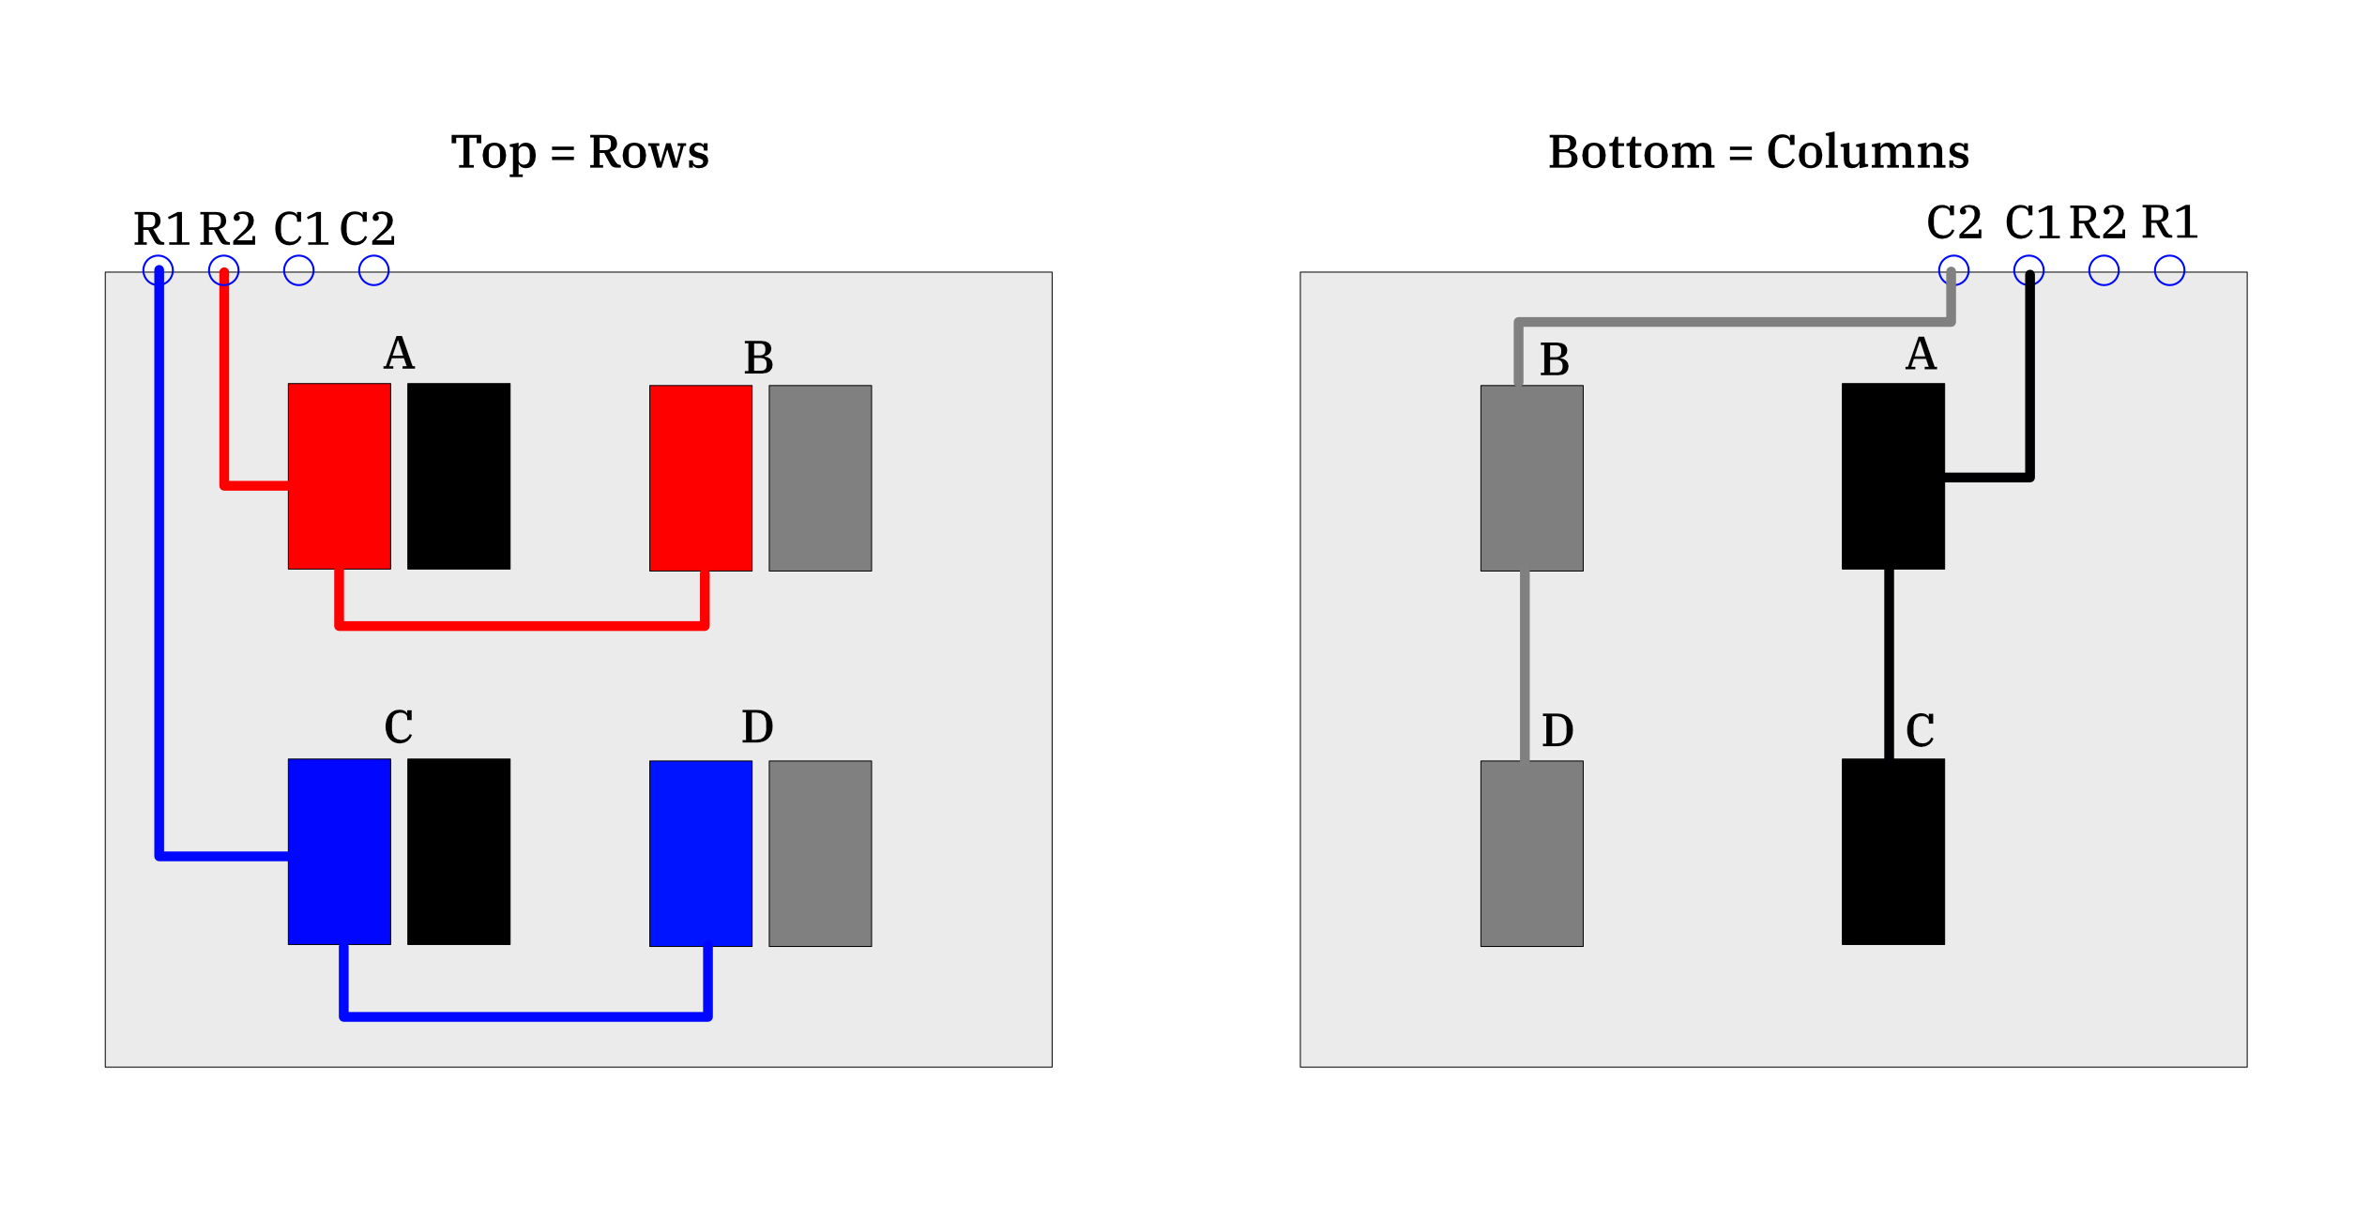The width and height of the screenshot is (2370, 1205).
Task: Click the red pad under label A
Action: [339, 476]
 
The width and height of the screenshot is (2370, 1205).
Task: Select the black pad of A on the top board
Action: [459, 476]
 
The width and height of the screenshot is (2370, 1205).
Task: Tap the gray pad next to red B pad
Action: [820, 478]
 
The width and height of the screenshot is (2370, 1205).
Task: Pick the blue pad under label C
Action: [339, 851]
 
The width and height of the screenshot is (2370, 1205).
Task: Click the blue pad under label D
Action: [701, 853]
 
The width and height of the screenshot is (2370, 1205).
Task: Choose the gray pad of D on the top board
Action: [820, 853]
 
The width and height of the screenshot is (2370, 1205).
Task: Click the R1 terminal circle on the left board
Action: [158, 270]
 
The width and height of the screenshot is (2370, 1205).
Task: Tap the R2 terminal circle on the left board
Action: [223, 270]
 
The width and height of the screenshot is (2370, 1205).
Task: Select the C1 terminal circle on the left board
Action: [298, 270]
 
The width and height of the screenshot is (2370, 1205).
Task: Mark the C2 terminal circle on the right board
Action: [1953, 270]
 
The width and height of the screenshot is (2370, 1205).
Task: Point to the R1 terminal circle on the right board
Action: [2169, 270]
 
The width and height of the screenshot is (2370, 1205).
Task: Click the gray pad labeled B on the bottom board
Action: [1531, 478]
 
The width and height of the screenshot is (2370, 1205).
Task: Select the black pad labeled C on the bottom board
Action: [1892, 851]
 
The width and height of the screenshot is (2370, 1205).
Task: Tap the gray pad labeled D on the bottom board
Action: [1531, 853]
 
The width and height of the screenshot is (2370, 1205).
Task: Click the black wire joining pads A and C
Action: [1889, 664]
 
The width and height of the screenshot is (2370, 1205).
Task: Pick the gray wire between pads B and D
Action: [1525, 665]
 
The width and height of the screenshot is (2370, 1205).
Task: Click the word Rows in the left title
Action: [648, 151]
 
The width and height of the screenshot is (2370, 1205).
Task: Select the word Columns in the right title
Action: [1867, 151]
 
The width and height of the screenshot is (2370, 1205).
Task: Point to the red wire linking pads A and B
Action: [522, 625]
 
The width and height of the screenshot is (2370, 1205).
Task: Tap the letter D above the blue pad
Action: [757, 726]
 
